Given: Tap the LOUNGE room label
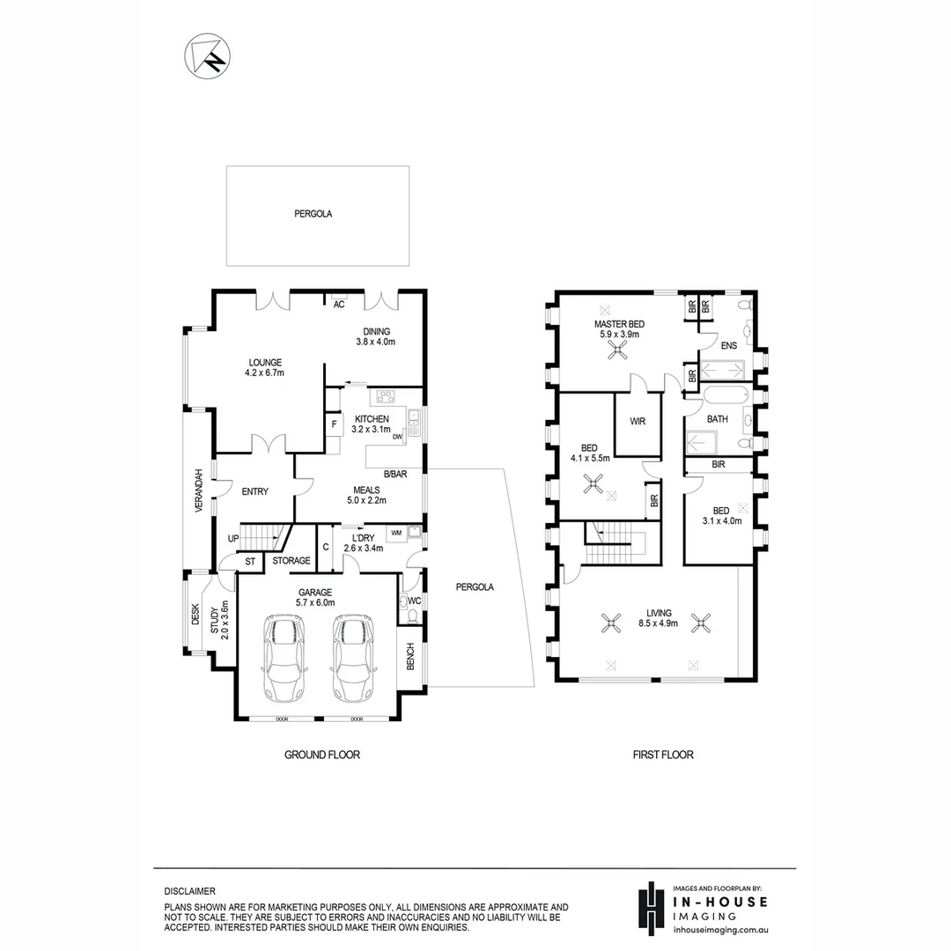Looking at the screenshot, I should (264, 362).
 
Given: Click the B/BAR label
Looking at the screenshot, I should (395, 475).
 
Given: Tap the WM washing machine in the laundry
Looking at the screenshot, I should (395, 533).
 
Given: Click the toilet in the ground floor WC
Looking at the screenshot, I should (406, 602).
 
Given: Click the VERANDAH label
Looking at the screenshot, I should (200, 491).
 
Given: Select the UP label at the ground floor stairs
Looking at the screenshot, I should (233, 538).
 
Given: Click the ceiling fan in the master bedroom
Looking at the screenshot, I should (619, 350).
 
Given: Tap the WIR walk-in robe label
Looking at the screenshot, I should (638, 422).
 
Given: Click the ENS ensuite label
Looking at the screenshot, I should (728, 346).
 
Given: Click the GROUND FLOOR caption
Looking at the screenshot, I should (321, 755).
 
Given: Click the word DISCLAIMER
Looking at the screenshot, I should (189, 891).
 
